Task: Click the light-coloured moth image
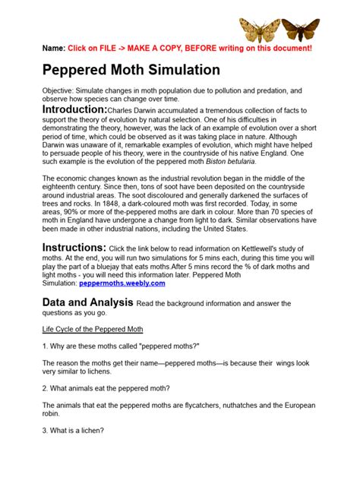259,30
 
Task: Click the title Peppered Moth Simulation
131,70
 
